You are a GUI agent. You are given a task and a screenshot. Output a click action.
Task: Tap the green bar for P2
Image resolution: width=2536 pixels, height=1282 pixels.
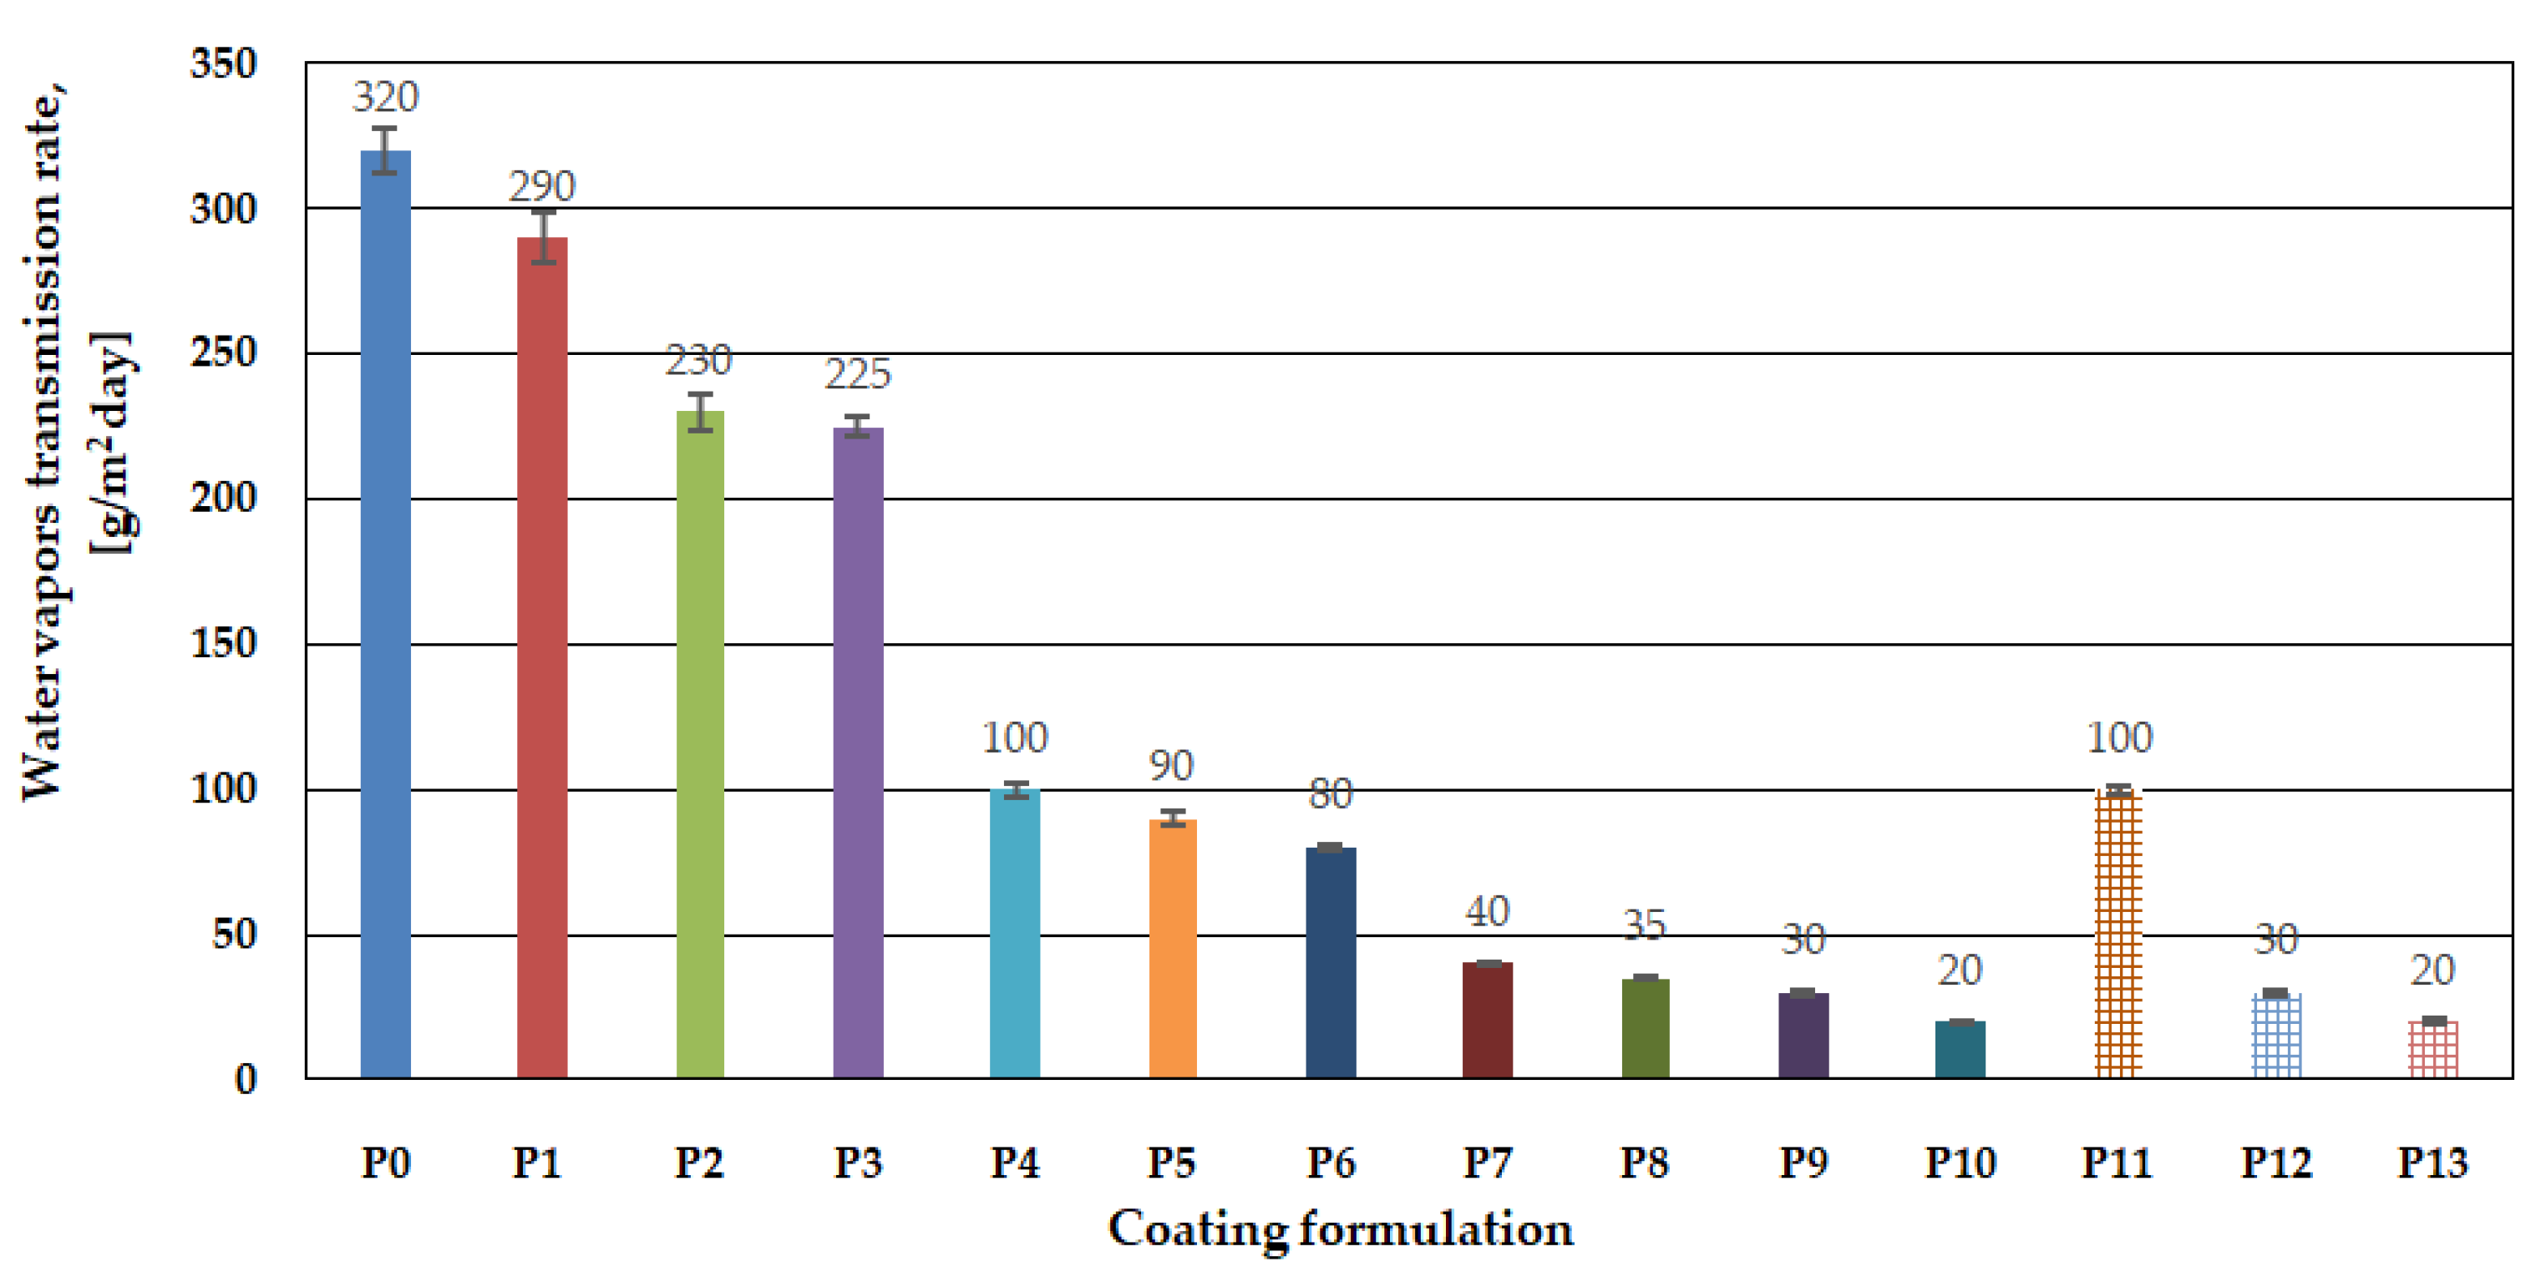click(x=700, y=743)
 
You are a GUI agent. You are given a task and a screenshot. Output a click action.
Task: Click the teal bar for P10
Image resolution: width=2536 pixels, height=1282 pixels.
click(x=1960, y=1050)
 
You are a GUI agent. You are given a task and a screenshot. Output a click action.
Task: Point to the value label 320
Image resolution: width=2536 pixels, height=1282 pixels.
click(x=385, y=97)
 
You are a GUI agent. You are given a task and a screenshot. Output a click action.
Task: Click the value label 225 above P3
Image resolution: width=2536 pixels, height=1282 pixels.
click(x=858, y=374)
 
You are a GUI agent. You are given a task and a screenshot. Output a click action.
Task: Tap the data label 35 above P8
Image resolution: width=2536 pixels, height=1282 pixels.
click(x=1644, y=925)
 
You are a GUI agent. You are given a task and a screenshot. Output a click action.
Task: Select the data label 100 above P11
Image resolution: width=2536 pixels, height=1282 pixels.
click(x=2118, y=737)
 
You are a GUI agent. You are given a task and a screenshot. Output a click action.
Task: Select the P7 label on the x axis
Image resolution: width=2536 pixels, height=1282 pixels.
click(x=1487, y=1163)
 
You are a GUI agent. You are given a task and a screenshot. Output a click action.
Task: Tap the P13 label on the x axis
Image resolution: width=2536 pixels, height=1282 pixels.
click(x=2432, y=1163)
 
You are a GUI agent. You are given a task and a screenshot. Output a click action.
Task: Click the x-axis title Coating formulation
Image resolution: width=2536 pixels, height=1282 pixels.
click(x=1340, y=1229)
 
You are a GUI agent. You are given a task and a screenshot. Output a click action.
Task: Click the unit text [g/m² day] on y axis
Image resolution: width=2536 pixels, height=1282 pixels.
click(x=110, y=443)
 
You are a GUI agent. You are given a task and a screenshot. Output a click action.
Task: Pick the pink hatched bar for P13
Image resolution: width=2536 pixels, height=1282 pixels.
click(x=2432, y=1050)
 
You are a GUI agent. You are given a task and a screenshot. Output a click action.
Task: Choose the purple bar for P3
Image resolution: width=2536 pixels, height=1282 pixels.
click(x=858, y=753)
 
